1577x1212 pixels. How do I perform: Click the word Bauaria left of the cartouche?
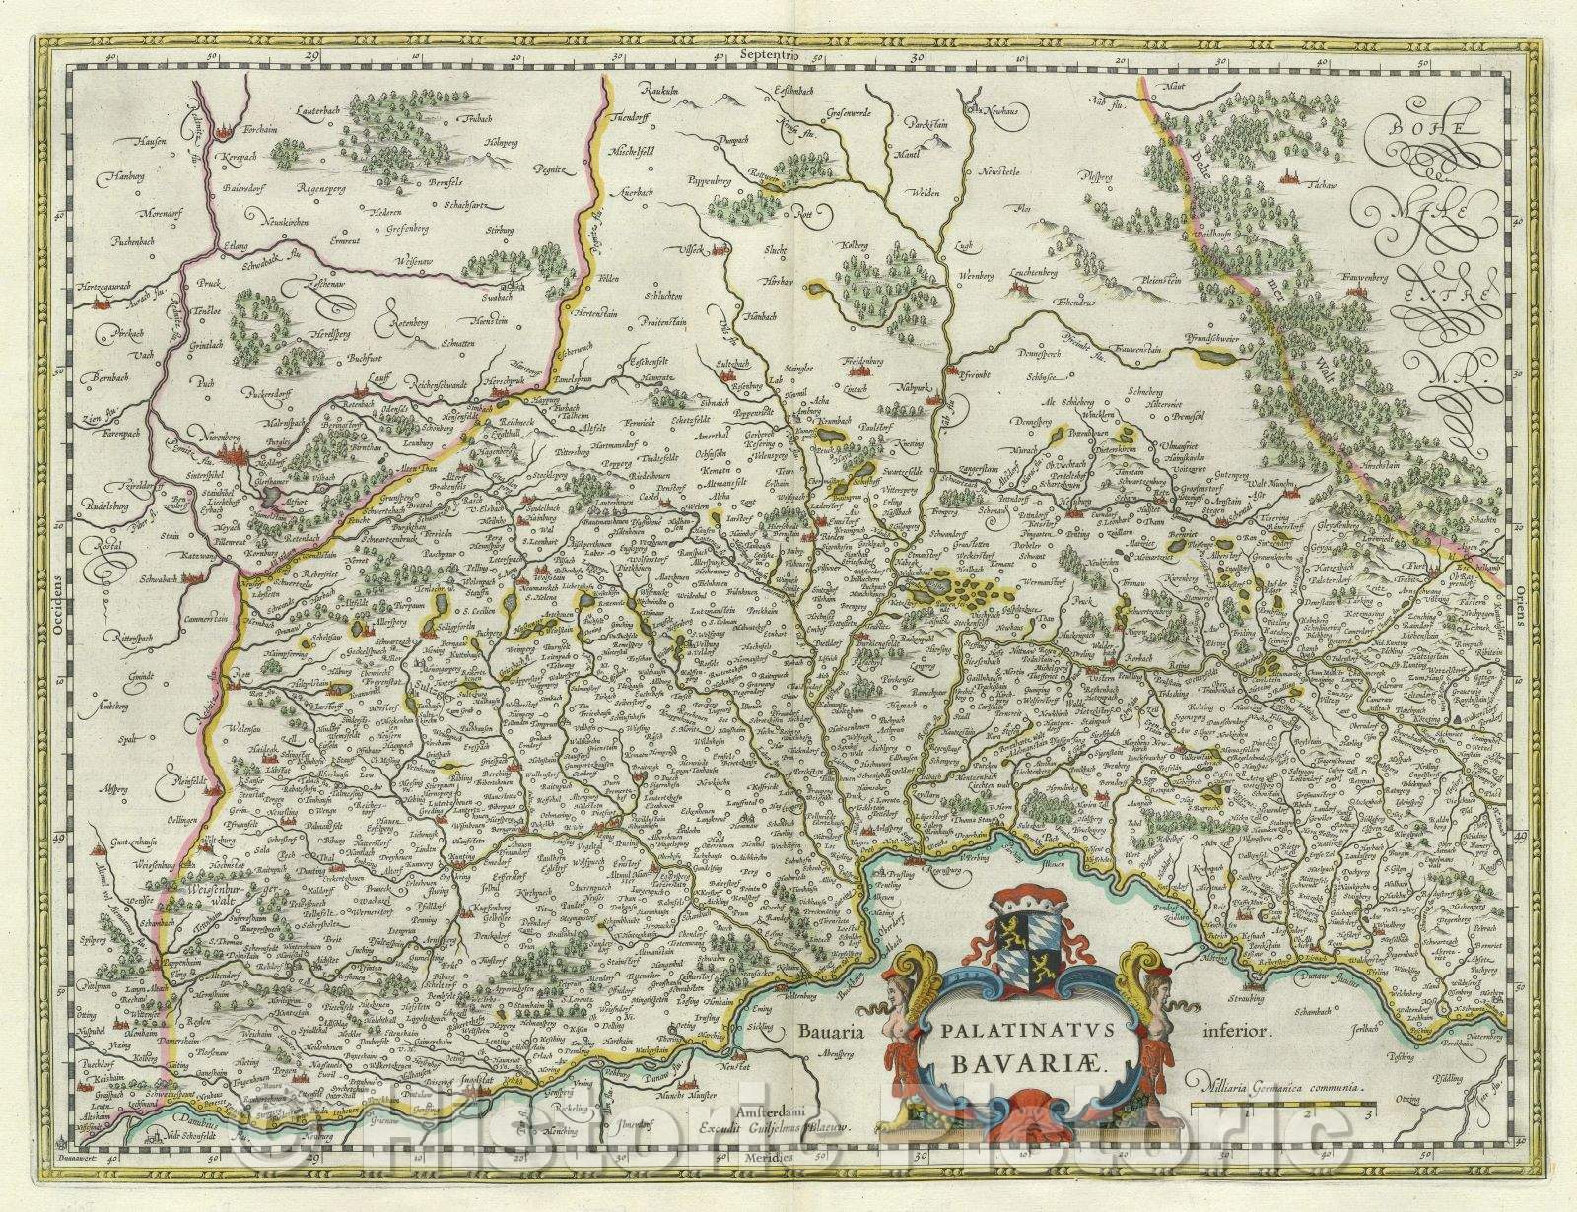tap(830, 1032)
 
